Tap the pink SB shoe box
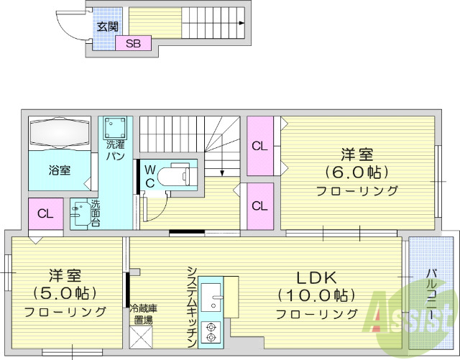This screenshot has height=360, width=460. [x=133, y=43]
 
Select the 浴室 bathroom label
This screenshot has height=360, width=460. [x=60, y=170]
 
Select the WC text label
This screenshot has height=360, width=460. [x=150, y=175]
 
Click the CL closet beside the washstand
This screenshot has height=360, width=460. [x=45, y=214]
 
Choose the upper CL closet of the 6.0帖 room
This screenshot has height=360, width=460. [x=259, y=146]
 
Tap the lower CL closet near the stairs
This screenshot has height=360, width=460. [x=259, y=206]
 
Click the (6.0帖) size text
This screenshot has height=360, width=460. [x=357, y=172]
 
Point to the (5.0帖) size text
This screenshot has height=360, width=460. [x=65, y=293]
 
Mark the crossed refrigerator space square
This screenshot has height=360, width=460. [x=142, y=336]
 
